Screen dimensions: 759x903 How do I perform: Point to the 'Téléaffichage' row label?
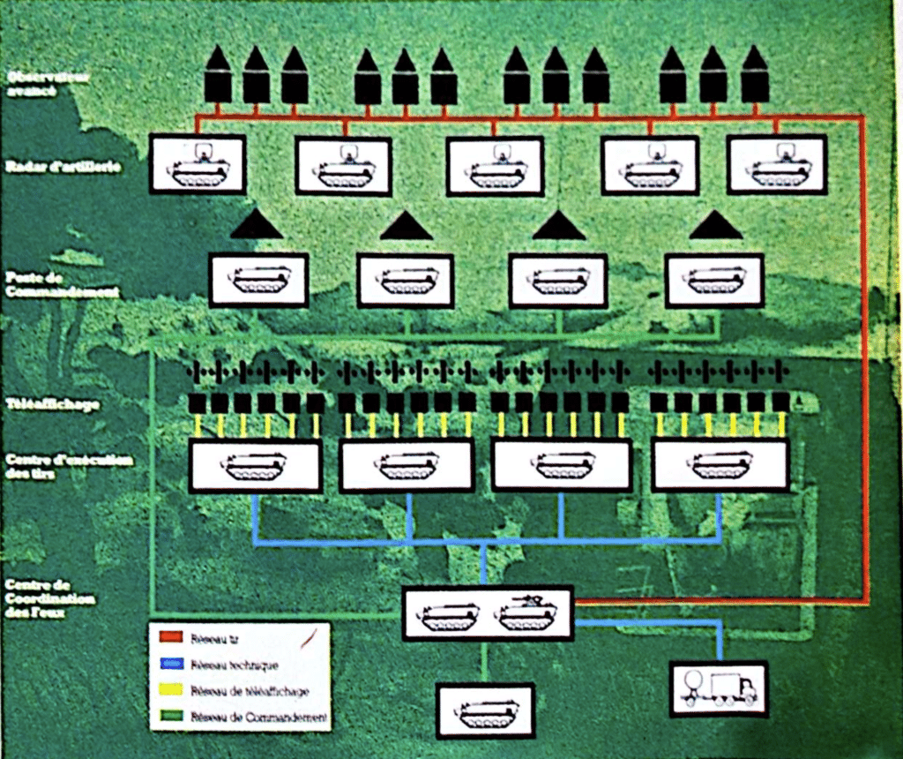[52, 404]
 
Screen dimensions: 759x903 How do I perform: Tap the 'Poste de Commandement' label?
[61, 284]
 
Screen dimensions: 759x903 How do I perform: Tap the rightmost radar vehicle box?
[777, 164]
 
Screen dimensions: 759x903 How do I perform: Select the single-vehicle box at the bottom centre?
[486, 710]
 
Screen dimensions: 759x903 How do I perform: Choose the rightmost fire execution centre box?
[720, 466]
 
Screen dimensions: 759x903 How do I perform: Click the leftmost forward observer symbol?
[218, 76]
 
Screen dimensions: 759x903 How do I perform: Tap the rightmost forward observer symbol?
[755, 76]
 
